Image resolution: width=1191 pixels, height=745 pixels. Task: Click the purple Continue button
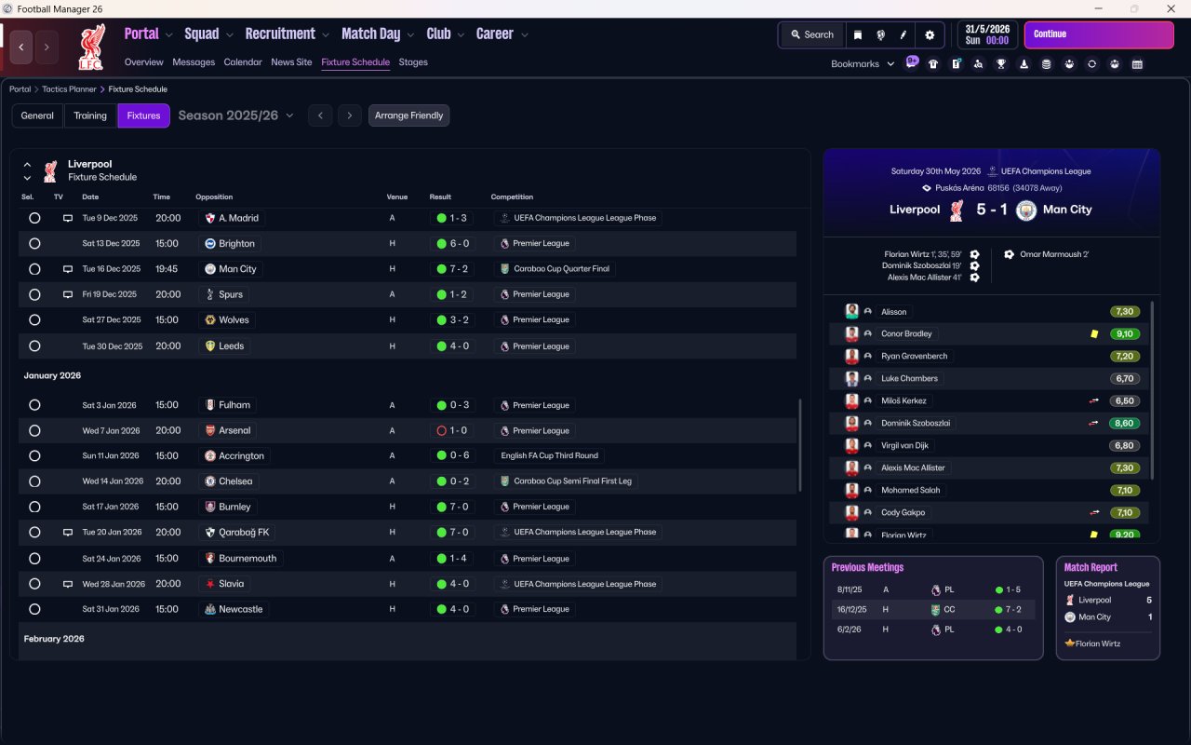click(x=1098, y=34)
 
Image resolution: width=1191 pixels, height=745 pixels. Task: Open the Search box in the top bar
click(x=811, y=34)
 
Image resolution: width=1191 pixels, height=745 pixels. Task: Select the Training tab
click(x=90, y=115)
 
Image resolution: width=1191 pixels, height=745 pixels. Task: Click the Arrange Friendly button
click(x=408, y=115)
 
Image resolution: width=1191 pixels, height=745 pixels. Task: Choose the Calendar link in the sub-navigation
click(x=243, y=62)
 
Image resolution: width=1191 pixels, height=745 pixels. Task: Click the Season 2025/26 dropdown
click(x=235, y=115)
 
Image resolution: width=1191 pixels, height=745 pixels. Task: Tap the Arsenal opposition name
click(x=234, y=430)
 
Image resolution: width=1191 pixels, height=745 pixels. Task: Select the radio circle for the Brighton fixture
click(x=34, y=243)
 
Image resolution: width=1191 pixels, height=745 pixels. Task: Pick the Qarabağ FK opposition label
click(x=244, y=533)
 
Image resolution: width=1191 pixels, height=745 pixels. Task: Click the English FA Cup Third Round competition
click(x=549, y=455)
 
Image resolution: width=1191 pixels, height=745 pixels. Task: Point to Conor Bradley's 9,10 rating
click(x=1125, y=333)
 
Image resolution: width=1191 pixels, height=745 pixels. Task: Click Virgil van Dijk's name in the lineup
click(x=904, y=445)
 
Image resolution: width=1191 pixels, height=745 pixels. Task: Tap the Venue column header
click(x=397, y=196)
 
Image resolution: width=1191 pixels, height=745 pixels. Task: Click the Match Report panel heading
click(x=1091, y=567)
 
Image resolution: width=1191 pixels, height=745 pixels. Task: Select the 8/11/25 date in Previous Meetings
click(x=850, y=589)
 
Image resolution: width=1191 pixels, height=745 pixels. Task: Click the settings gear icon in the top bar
click(x=929, y=34)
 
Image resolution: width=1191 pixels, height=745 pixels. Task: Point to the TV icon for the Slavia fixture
click(x=67, y=584)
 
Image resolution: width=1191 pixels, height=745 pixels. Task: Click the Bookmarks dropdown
click(x=863, y=64)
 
